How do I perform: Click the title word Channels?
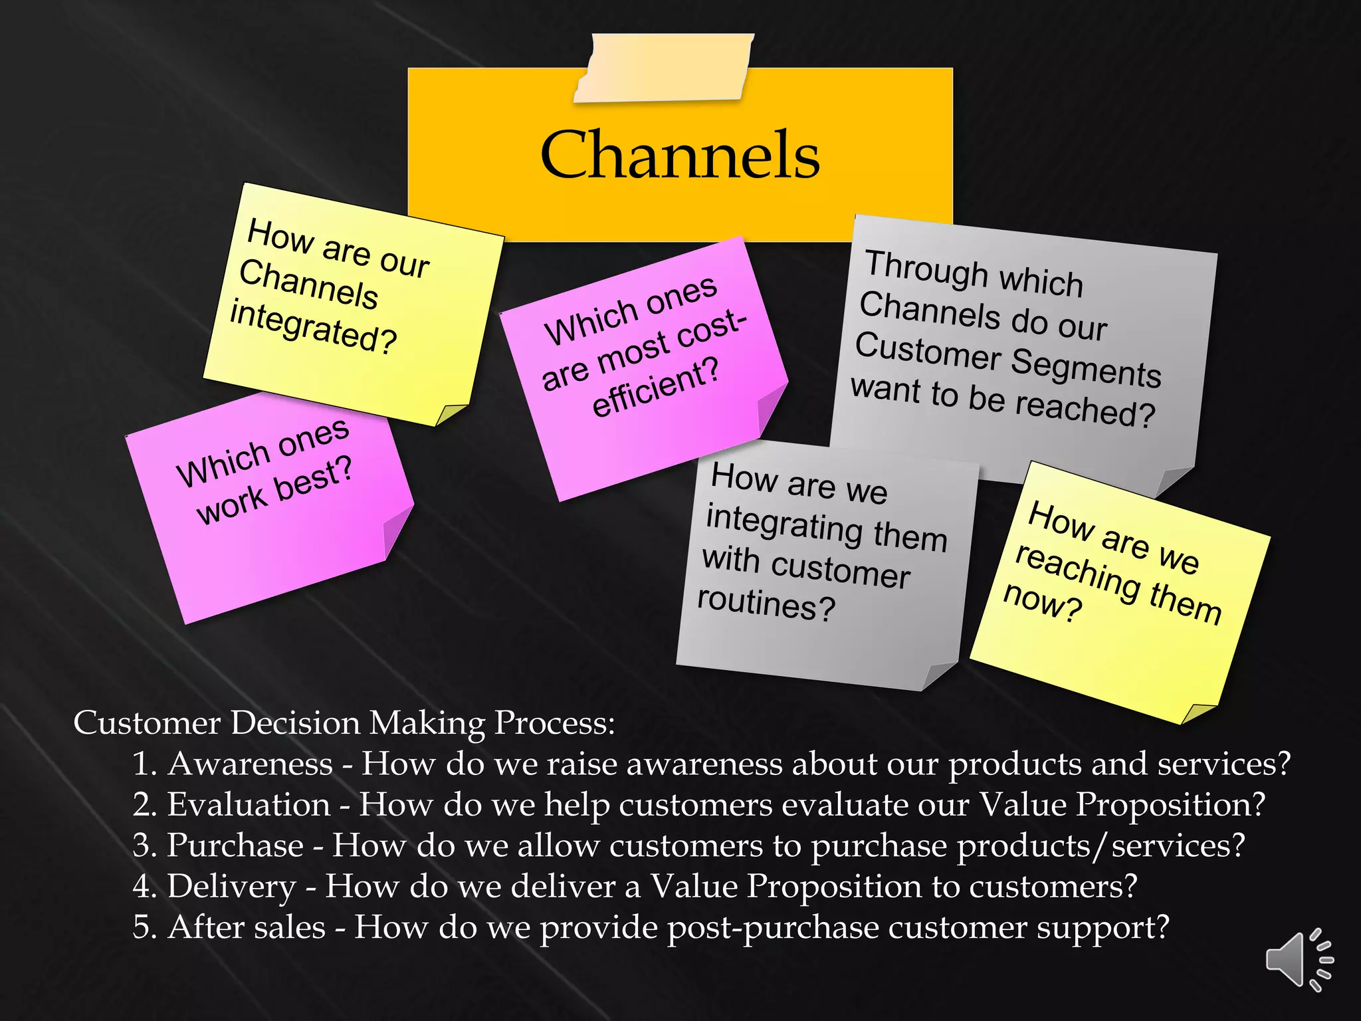pos(680,155)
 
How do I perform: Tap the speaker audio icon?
pos(1299,959)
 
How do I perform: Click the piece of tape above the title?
pos(663,68)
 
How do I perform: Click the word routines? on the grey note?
pos(766,602)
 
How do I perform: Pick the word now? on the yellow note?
pos(1042,601)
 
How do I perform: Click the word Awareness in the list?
pos(250,764)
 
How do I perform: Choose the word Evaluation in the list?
pos(249,804)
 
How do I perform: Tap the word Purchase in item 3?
pos(235,846)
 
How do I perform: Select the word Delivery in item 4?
pos(231,887)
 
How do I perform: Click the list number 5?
pos(144,928)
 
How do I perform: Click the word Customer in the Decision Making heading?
pos(147,723)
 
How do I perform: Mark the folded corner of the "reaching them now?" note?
pos(1198,713)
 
